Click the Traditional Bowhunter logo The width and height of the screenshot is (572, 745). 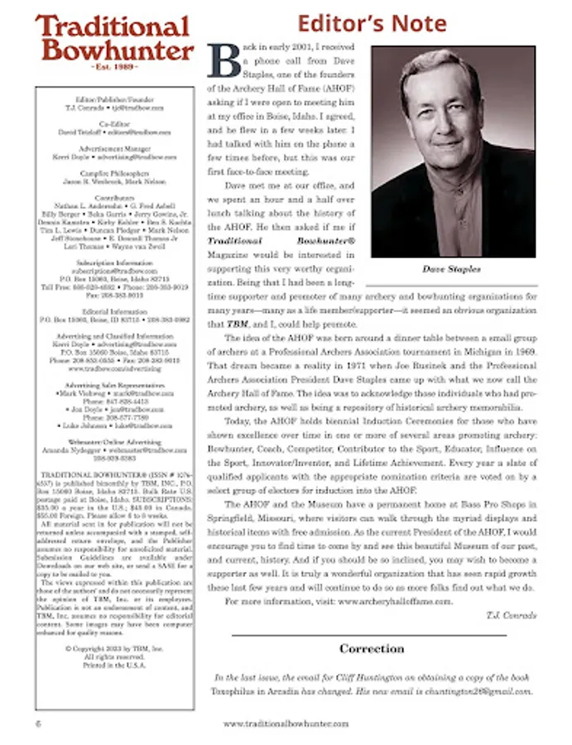coord(114,39)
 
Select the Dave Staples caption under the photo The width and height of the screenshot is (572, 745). coord(452,268)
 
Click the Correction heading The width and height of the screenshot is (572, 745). coord(372,648)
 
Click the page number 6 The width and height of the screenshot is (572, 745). coord(39,723)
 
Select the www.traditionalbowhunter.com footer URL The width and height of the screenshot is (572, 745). coord(286,723)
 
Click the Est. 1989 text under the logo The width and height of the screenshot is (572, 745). coord(114,65)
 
